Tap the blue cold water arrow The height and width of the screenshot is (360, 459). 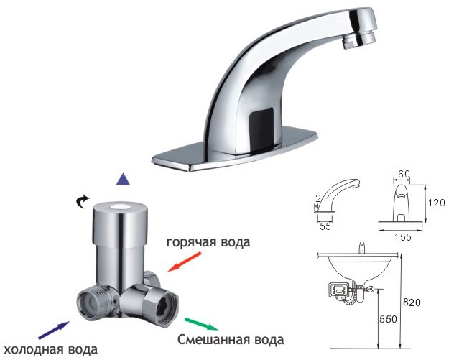[54, 331]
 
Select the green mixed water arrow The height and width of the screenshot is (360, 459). [201, 324]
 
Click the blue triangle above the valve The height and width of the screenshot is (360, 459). [123, 179]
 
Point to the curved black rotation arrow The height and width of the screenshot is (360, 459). [82, 201]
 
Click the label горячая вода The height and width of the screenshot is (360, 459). [208, 243]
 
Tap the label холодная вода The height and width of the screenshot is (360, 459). [51, 349]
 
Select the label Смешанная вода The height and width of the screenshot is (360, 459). [231, 340]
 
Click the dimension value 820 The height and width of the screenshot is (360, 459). [412, 302]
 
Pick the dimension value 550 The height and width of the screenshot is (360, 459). [388, 319]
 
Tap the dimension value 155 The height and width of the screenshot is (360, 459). [403, 237]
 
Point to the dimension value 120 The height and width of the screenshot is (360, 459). [436, 203]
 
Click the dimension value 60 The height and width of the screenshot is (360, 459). [404, 174]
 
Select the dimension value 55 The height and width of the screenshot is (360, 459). [325, 226]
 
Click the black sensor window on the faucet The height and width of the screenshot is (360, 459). [261, 127]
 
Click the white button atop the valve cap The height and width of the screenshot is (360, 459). [119, 206]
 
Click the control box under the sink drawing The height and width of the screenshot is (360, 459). [340, 290]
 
